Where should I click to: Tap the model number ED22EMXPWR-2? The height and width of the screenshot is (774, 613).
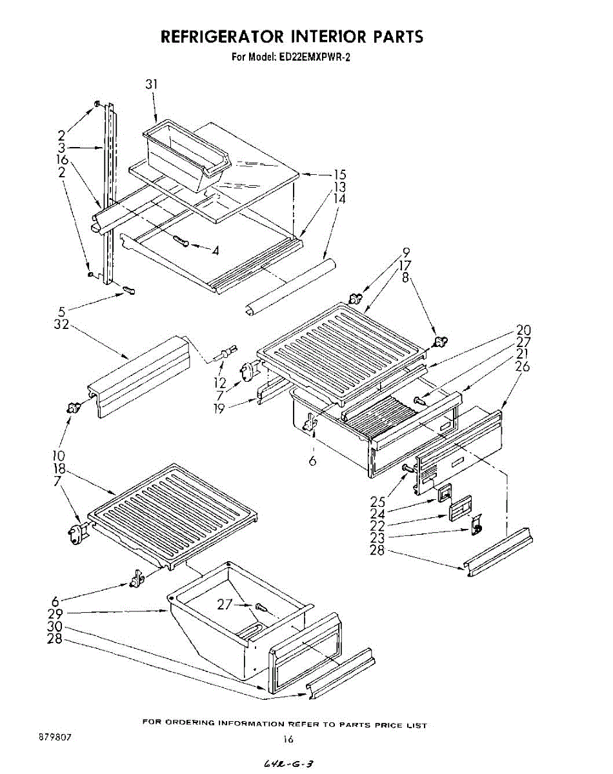click(x=312, y=57)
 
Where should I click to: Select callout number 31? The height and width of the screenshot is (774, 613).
click(x=152, y=84)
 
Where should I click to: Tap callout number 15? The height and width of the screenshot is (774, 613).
click(x=339, y=175)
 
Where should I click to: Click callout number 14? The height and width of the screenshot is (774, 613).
click(x=339, y=199)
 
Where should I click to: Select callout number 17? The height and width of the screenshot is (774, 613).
click(x=405, y=264)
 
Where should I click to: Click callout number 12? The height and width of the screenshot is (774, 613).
click(x=221, y=383)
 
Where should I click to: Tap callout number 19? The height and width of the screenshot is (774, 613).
click(x=220, y=407)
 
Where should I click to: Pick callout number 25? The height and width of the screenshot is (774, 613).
click(x=378, y=501)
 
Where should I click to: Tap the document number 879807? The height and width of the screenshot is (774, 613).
click(x=52, y=736)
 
